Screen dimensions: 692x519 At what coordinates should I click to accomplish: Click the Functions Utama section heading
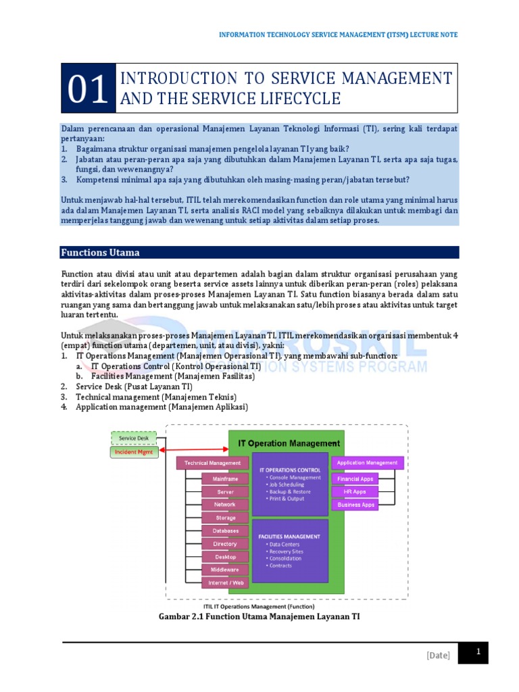tap(101, 253)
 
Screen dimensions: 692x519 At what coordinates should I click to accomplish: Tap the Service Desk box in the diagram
tap(133, 438)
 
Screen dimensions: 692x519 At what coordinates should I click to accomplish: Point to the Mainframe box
tap(225, 478)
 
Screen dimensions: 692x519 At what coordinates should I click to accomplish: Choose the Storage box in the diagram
tap(225, 518)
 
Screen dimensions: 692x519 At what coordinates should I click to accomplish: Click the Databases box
tap(225, 530)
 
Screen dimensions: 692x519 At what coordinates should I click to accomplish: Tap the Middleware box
tap(225, 569)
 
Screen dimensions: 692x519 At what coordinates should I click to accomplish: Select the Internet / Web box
tap(225, 582)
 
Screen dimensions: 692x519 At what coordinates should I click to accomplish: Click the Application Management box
tap(367, 463)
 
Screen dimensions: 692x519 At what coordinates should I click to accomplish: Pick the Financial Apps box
tap(355, 478)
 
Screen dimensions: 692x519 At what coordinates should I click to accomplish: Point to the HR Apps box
tap(355, 491)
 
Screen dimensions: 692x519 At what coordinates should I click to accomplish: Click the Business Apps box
tap(355, 504)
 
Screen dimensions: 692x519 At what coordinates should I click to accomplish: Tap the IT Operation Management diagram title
tap(289, 443)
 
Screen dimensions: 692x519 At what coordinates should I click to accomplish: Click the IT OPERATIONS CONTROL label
tap(290, 469)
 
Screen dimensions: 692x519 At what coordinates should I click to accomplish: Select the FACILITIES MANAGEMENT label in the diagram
tap(289, 536)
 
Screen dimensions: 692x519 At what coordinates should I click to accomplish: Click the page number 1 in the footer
tap(478, 652)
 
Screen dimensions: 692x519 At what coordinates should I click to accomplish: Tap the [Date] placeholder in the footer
tap(438, 655)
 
